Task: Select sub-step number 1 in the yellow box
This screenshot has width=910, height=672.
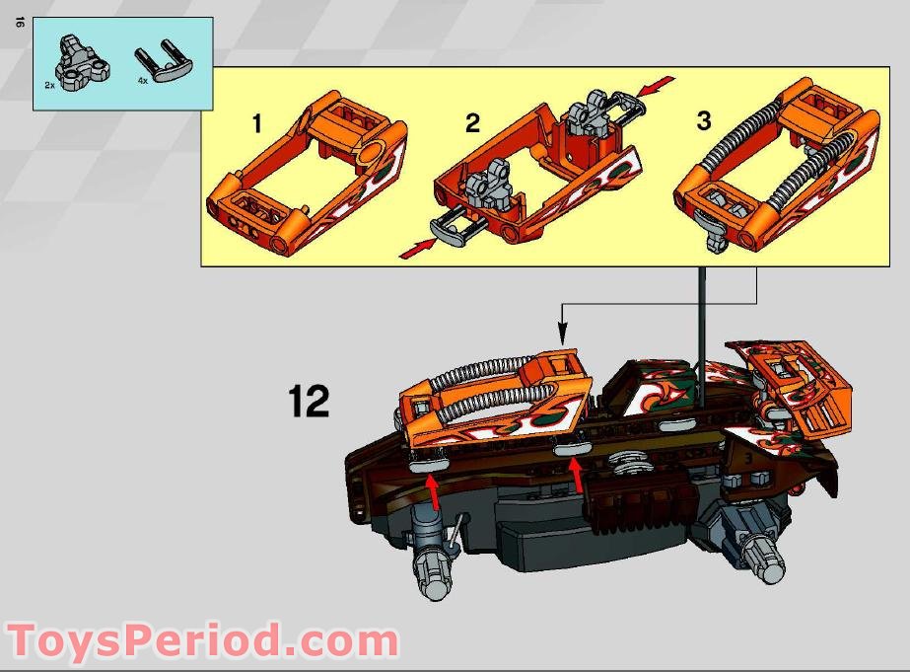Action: coord(257,124)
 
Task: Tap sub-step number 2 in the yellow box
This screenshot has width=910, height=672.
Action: coord(472,124)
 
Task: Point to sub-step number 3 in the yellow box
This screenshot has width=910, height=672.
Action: coord(703,121)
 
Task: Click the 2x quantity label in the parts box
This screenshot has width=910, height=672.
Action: coord(49,86)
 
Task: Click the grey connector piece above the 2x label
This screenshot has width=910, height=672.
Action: coord(75,60)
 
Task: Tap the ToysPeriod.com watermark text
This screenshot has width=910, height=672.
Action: coord(201,641)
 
